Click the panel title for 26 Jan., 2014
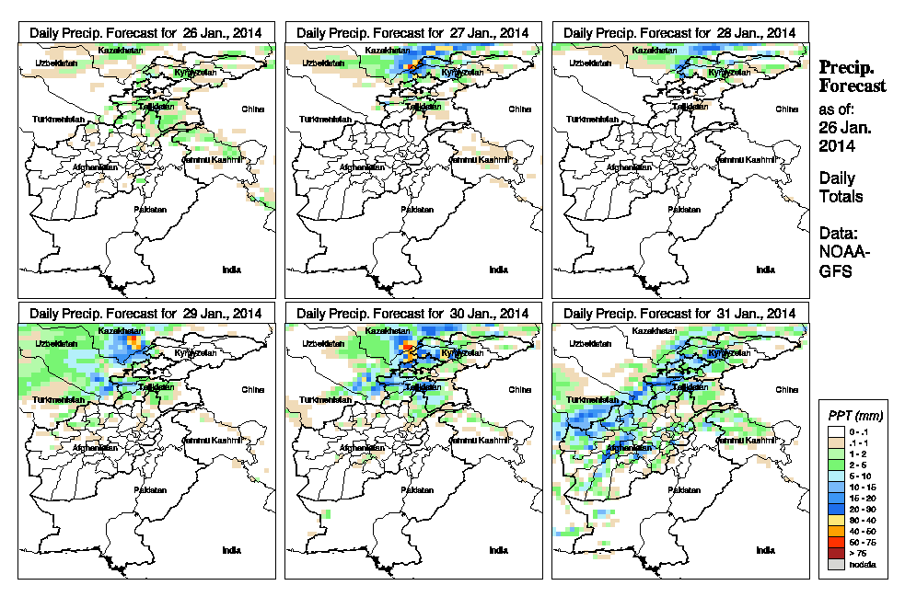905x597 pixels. tap(145, 32)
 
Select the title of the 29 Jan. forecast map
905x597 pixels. tap(145, 314)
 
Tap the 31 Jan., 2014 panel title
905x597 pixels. tap(679, 314)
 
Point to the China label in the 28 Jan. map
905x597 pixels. tap(786, 109)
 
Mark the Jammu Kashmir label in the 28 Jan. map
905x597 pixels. tap(747, 160)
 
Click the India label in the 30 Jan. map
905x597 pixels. tap(498, 550)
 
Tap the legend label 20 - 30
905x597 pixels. tap(861, 509)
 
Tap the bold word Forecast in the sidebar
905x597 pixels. tap(853, 86)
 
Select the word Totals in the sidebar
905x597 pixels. tap(841, 196)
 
